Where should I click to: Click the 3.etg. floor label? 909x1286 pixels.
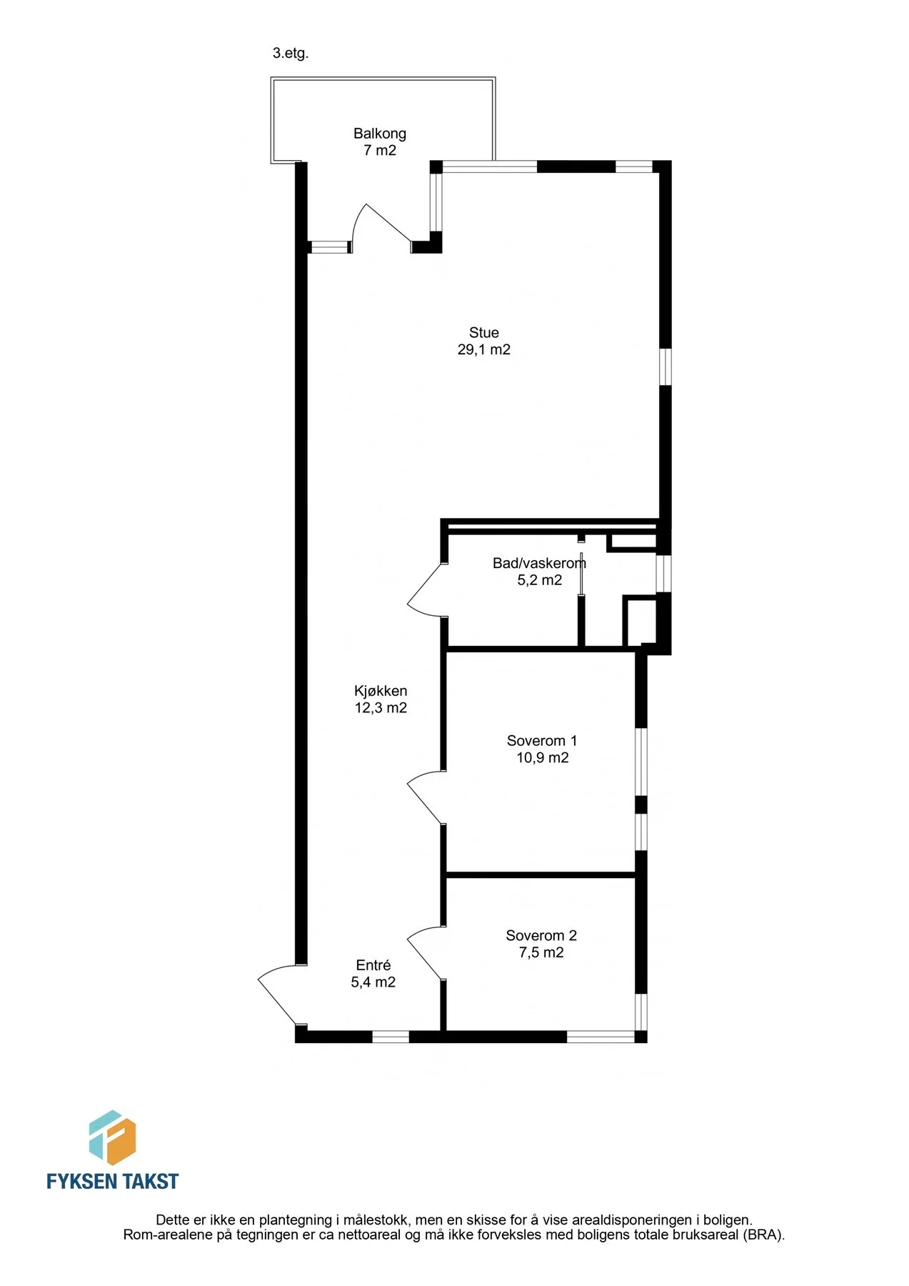291,54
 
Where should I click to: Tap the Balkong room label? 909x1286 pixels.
380,134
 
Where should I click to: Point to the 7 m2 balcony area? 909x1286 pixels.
380,151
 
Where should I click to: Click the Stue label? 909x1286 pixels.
484,332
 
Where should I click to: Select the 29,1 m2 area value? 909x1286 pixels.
484,349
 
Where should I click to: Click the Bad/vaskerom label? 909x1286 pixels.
539,563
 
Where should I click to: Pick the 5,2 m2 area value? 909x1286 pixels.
540,580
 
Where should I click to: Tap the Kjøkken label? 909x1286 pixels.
381,691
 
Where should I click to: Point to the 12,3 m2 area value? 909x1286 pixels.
381,708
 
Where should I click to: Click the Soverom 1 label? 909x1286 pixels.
542,741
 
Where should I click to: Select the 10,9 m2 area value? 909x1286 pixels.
543,758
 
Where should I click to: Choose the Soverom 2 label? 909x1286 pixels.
541,935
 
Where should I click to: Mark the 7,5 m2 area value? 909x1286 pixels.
541,952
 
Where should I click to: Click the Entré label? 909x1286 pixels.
373,965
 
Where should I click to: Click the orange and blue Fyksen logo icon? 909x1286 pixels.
112,1137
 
